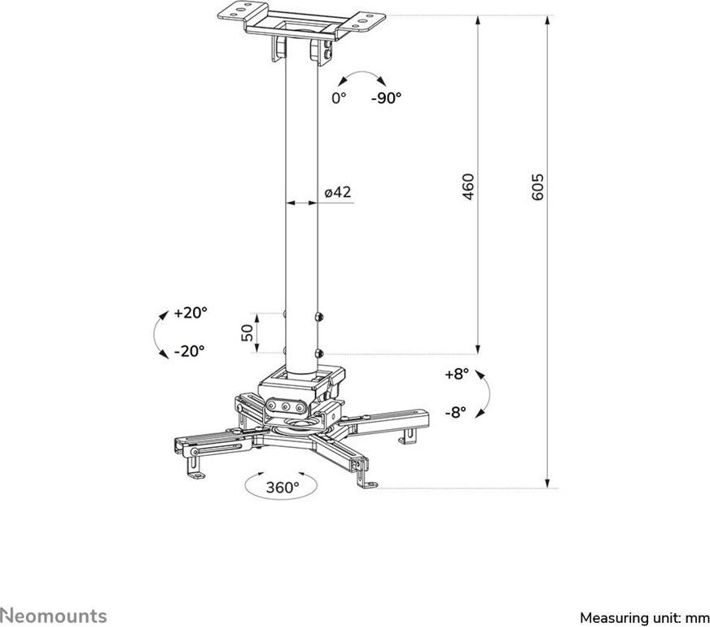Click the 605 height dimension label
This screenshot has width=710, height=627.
[537, 188]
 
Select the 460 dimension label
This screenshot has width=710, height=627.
[468, 188]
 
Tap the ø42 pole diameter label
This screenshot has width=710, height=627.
[337, 192]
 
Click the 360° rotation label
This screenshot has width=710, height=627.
[283, 488]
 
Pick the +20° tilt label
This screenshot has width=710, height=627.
[191, 313]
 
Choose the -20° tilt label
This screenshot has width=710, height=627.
[190, 352]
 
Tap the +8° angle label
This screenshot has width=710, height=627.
[458, 375]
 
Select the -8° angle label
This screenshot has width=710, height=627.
[455, 411]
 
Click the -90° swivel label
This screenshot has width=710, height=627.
[386, 98]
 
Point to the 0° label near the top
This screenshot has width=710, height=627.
[339, 98]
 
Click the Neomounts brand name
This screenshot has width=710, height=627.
[53, 613]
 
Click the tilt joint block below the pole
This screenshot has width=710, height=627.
[298, 384]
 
